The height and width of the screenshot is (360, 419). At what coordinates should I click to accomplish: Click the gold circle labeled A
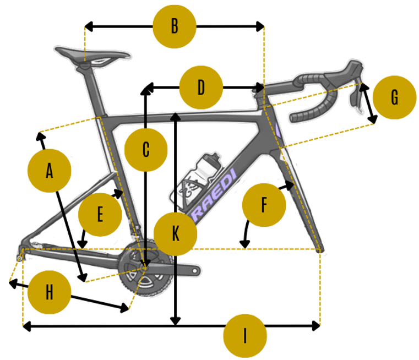point(50,171)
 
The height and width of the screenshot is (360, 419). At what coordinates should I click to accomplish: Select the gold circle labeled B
point(175,26)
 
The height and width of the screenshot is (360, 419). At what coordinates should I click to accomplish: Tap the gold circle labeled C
point(146,150)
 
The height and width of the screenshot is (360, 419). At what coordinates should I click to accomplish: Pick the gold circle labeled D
point(201,88)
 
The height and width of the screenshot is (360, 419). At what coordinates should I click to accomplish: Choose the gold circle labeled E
point(100,215)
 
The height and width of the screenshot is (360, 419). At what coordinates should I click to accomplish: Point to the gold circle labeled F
point(264,205)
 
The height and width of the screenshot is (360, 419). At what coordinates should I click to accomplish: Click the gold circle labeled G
point(394,97)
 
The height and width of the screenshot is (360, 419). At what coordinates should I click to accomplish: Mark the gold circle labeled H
point(50,292)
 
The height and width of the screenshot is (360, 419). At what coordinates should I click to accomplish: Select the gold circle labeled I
point(245,336)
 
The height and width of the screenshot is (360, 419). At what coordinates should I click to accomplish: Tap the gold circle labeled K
point(175,234)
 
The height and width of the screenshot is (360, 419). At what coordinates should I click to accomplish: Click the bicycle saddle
point(92,55)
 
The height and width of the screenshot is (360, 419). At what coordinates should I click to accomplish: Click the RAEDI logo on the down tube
point(214,195)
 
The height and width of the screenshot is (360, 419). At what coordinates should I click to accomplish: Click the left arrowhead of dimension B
point(88,26)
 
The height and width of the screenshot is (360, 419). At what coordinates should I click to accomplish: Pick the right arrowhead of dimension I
point(317,326)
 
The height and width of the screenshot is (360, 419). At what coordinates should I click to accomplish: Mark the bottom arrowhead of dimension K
point(175,321)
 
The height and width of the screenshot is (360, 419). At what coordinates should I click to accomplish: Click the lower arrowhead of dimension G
point(373,119)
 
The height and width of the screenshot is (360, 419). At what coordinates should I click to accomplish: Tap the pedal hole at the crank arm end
point(195,271)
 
